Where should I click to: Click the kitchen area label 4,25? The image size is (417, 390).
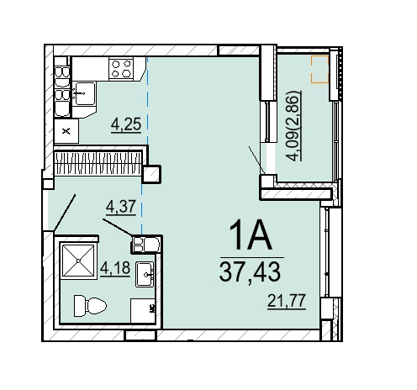click(x=126, y=124)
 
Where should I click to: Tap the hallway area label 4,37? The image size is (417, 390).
click(x=121, y=207)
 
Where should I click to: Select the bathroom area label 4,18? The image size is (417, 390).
click(x=115, y=268)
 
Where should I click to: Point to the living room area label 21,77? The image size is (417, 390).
click(x=287, y=301)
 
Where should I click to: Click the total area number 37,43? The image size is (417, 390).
click(x=250, y=271)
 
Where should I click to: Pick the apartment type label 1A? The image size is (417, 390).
click(x=251, y=235)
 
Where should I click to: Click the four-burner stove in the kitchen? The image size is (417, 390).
click(x=122, y=69)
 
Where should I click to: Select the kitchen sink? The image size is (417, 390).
click(x=85, y=93)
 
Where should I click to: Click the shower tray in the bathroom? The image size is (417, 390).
click(x=78, y=261)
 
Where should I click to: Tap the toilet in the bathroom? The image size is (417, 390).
click(x=90, y=306)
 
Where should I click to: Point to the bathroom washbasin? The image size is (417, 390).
click(x=145, y=275)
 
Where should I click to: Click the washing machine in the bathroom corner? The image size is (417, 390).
click(x=143, y=310)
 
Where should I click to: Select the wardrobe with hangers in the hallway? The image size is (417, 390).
click(x=98, y=163)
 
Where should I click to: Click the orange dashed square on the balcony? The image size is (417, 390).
click(x=319, y=69)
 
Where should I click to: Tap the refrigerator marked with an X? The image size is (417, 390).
click(x=66, y=131)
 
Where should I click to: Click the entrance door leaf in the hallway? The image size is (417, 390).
click(x=65, y=213)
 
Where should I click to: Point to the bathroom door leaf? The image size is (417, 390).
click(x=118, y=228)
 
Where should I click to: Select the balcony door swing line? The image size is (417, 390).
click(x=256, y=160)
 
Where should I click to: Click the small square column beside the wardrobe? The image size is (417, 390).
click(x=151, y=174)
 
